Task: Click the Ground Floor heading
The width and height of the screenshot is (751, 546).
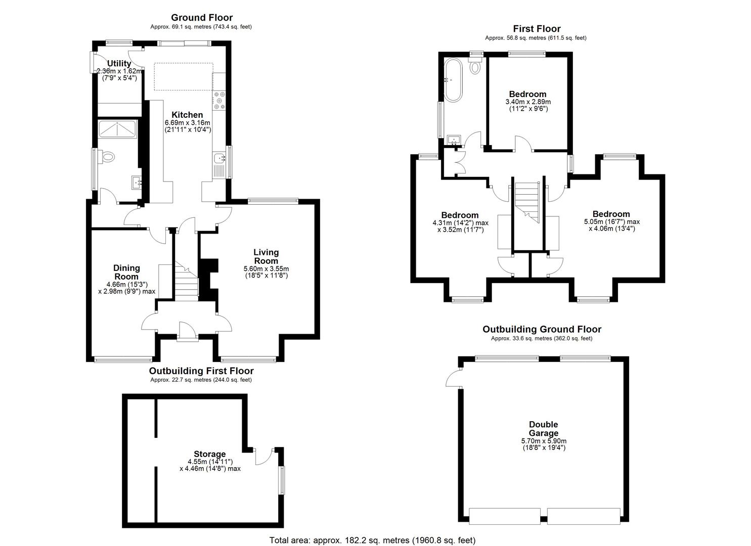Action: (x=201, y=17)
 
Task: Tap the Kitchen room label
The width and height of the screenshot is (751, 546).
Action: (x=187, y=115)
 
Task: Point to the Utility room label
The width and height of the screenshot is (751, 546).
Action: (x=119, y=63)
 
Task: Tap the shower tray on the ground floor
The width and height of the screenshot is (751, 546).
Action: (x=117, y=129)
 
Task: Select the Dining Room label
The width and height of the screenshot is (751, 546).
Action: (x=126, y=272)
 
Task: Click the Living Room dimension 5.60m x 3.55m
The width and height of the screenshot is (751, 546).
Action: (x=266, y=268)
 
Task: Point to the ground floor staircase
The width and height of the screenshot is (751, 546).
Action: (x=187, y=281)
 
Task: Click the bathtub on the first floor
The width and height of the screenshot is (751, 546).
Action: (x=453, y=80)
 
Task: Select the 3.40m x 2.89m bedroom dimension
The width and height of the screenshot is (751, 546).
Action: (x=527, y=102)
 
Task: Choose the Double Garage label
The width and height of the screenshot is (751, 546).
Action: (x=544, y=429)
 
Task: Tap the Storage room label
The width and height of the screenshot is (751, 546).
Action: (x=209, y=454)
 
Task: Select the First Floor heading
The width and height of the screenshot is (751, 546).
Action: (x=537, y=29)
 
